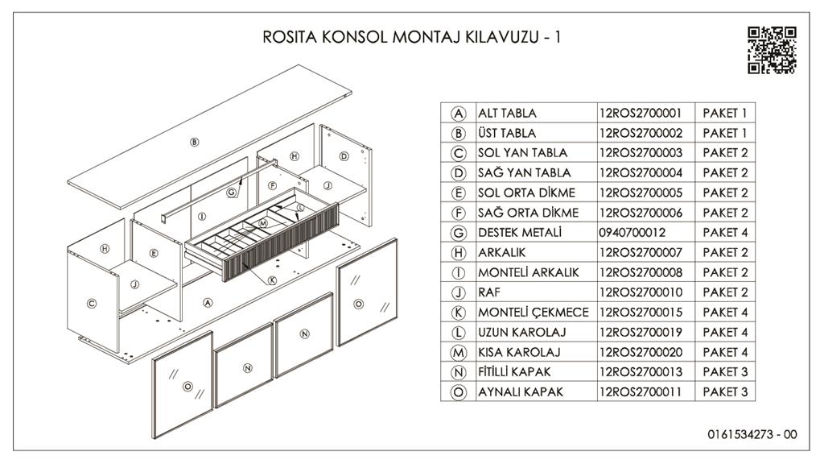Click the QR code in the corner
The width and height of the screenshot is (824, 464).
(772, 50)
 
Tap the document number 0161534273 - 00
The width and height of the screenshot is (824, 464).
(752, 434)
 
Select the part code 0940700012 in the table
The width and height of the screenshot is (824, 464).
(632, 232)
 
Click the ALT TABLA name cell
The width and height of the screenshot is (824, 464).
(508, 113)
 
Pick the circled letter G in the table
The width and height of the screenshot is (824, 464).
(459, 232)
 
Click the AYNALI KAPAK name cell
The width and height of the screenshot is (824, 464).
(521, 391)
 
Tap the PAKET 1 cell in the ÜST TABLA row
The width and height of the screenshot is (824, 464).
(725, 133)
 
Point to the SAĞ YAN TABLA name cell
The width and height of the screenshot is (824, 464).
(524, 172)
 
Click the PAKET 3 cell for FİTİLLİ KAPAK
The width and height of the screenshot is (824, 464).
(725, 371)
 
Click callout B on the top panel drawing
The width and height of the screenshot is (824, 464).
(194, 142)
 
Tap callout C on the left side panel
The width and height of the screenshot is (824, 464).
(91, 303)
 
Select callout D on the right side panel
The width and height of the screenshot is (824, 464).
(344, 156)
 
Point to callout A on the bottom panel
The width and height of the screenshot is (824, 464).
(208, 303)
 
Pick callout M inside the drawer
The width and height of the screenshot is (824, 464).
(262, 222)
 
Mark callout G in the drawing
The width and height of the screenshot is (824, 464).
(231, 192)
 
